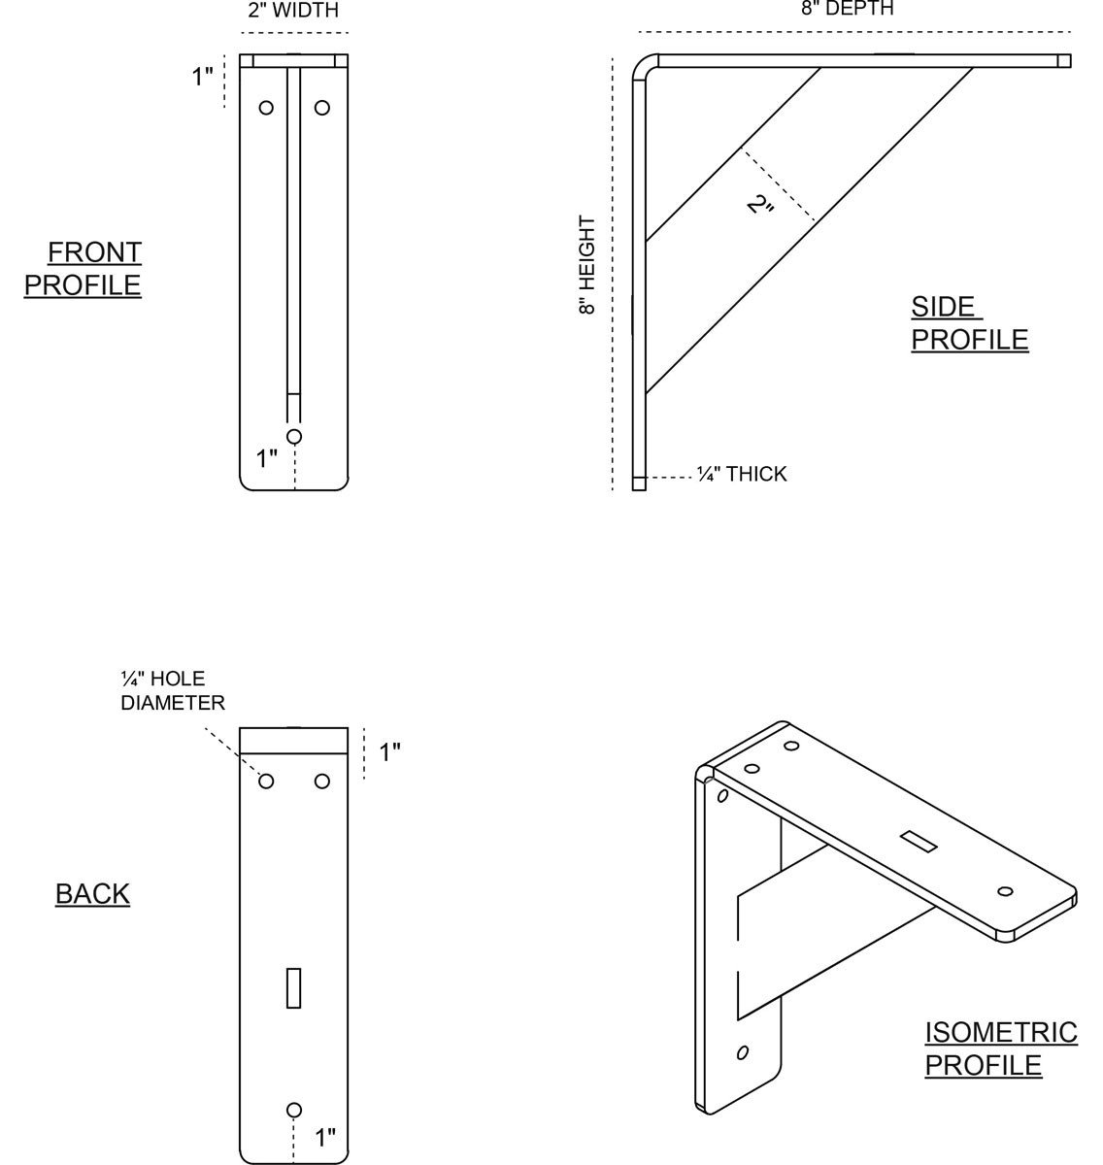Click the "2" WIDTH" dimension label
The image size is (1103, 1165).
293,12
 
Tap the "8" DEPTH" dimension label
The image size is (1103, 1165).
847,9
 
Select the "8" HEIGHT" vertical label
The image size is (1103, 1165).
586,265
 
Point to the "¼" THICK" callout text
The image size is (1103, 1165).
742,474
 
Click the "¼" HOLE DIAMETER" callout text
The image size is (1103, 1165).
172,690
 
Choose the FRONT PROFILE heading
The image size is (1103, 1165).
84,269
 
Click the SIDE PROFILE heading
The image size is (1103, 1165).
968,323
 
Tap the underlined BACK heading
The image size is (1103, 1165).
92,893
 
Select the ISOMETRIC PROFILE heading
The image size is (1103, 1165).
1000,1048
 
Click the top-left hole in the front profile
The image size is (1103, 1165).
266,107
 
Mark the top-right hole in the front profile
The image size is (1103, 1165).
322,107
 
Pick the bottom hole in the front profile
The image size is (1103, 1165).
294,436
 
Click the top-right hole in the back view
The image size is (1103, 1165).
322,781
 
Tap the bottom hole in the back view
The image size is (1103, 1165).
294,1110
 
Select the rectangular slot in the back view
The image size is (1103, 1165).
294,987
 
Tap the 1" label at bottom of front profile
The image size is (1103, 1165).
267,458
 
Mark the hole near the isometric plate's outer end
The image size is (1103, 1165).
1005,891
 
